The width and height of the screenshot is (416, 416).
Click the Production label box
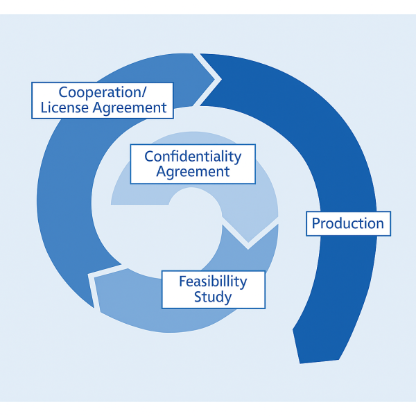point(348,224)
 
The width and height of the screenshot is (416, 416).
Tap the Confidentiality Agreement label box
point(193,164)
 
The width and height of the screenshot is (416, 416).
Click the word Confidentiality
point(193,156)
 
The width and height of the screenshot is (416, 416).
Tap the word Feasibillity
point(213,281)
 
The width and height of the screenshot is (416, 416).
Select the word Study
point(213,298)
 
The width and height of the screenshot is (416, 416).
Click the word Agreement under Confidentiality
point(193,172)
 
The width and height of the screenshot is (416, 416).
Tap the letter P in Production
point(316,224)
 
